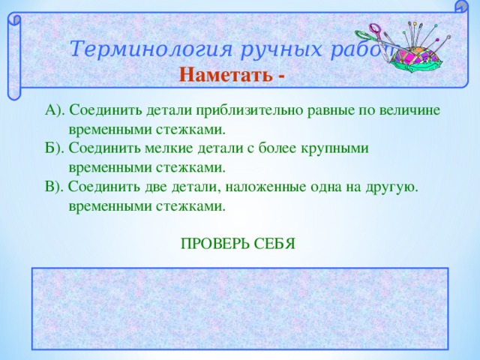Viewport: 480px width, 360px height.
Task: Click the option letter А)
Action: (x=55, y=110)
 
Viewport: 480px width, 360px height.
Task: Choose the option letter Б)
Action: (x=55, y=148)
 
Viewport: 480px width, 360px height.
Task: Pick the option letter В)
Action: (x=55, y=185)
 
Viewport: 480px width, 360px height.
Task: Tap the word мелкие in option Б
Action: (x=157, y=148)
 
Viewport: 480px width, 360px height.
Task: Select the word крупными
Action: (x=336, y=148)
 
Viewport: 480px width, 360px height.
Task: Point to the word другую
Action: (x=390, y=185)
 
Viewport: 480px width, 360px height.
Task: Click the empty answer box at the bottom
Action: (x=240, y=308)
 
